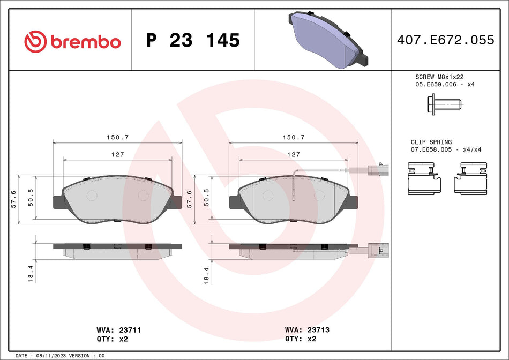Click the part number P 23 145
point(193,41)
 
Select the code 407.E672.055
point(445,40)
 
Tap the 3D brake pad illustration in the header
point(326,40)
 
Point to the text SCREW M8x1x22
point(439,77)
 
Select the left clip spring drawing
point(424,179)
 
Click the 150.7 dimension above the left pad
point(117,137)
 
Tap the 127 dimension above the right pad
point(294,154)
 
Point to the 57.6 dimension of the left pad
point(13,199)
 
